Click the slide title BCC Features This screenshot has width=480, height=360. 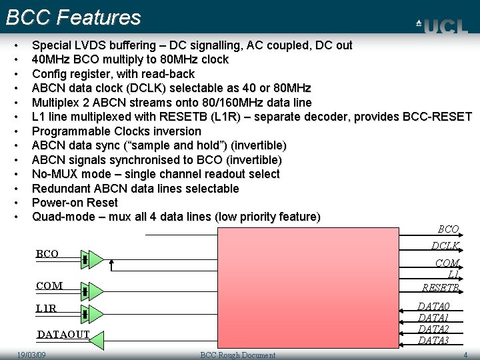73,17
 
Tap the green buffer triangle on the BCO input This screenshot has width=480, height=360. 96,259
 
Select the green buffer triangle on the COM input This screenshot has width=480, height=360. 96,291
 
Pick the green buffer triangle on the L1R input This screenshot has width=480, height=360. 96,313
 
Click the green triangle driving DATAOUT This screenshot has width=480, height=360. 97,341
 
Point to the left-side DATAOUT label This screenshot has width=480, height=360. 63,334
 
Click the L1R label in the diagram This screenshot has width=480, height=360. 46,309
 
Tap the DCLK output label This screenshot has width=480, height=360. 445,246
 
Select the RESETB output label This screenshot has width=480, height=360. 440,288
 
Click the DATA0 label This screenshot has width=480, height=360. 433,307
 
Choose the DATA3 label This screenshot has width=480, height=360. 433,341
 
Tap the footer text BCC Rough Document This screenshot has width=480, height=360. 238,355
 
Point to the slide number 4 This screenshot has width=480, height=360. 465,355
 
